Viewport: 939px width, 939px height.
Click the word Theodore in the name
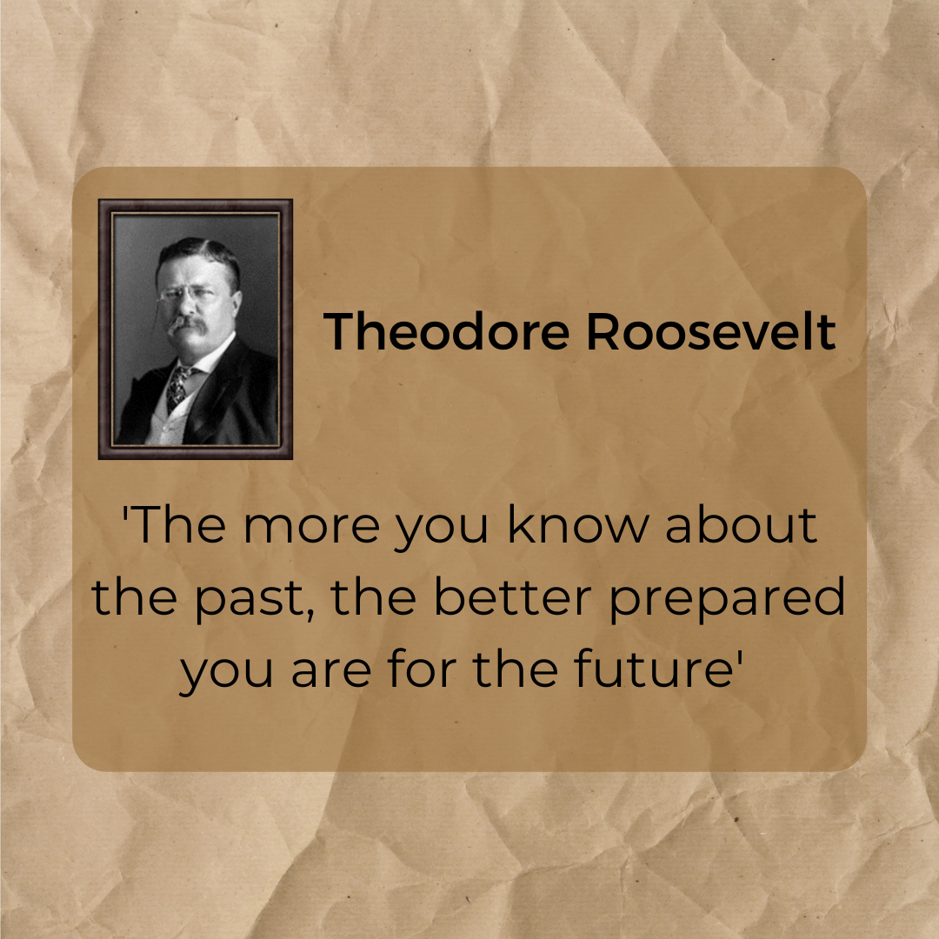tap(446, 331)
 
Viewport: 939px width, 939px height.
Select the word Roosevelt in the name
tap(711, 331)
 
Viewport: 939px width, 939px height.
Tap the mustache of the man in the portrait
tap(187, 326)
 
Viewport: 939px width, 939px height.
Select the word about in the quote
tap(741, 524)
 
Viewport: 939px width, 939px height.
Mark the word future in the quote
tap(653, 668)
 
